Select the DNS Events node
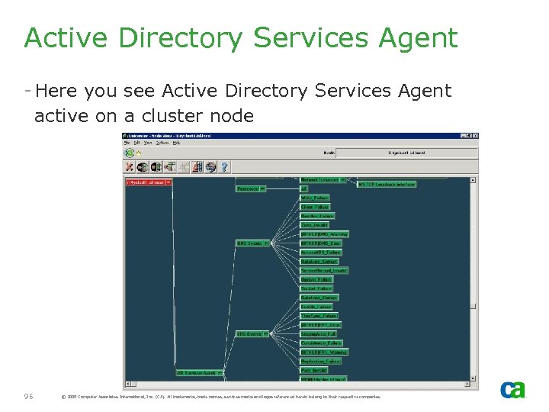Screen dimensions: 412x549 tap(249, 243)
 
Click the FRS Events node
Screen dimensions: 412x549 tap(249, 334)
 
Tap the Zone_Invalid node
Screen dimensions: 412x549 tap(314, 225)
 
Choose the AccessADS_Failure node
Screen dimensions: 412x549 tap(320, 252)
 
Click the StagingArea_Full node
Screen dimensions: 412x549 tap(318, 334)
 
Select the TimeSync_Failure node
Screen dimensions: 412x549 tap(319, 316)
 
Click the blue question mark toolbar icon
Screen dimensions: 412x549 tap(224, 167)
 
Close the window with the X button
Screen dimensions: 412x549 tap(475, 136)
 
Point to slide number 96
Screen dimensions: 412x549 tap(30, 396)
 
